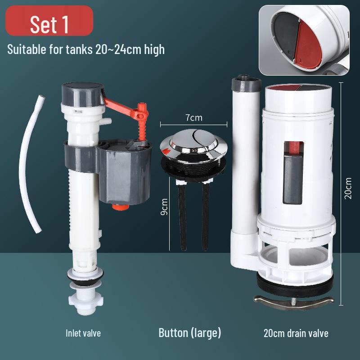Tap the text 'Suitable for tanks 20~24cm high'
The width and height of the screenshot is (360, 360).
pos(86,49)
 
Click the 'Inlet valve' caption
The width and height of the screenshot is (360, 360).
pos(83,333)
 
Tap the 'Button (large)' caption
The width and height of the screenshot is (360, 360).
pos(190,333)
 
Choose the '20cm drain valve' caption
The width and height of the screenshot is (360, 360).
pos(296,333)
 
